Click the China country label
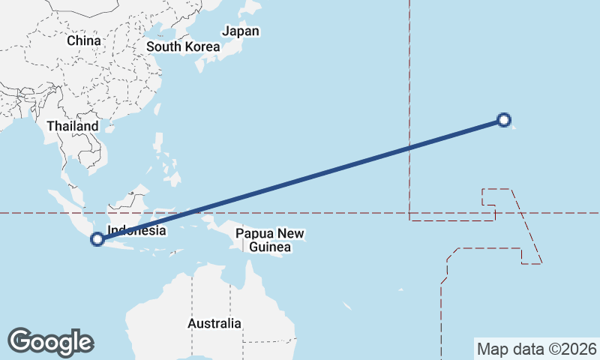click(x=83, y=40)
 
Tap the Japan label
click(x=241, y=31)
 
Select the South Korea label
click(x=183, y=46)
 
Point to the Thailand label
click(x=73, y=126)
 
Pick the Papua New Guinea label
click(x=270, y=240)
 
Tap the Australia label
click(x=214, y=324)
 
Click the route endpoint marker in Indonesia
click(x=97, y=239)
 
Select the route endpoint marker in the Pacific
click(x=505, y=119)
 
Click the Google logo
click(x=50, y=341)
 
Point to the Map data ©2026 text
click(x=536, y=349)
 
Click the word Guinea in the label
click(x=270, y=247)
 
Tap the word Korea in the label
click(x=203, y=46)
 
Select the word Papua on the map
click(x=253, y=234)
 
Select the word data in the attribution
click(x=525, y=349)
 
